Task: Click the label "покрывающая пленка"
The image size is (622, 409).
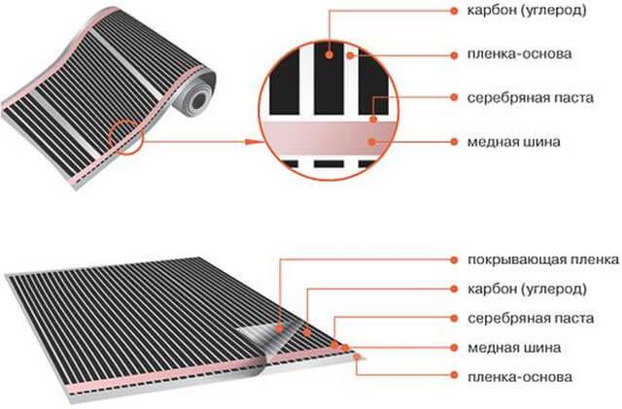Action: pyautogui.click(x=543, y=259)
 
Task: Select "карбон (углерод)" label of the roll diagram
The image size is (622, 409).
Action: pyautogui.click(x=527, y=11)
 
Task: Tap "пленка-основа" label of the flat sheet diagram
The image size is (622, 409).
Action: pyautogui.click(x=520, y=376)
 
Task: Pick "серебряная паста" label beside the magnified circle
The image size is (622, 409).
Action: pyautogui.click(x=531, y=97)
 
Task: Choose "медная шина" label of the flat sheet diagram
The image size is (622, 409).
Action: pyautogui.click(x=514, y=348)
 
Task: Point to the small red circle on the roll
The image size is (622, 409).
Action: pyautogui.click(x=125, y=137)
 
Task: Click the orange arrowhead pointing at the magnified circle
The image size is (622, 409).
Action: pyautogui.click(x=252, y=142)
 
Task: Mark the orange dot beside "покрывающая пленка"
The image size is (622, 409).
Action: pyautogui.click(x=455, y=259)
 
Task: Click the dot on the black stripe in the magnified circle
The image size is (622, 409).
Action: pyautogui.click(x=329, y=54)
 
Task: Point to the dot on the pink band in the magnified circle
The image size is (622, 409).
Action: pyautogui.click(x=371, y=141)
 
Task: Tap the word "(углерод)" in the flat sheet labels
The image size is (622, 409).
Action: pyautogui.click(x=554, y=289)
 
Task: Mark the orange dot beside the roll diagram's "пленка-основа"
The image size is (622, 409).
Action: pyautogui.click(x=455, y=55)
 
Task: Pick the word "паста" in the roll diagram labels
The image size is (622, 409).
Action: pyautogui.click(x=571, y=97)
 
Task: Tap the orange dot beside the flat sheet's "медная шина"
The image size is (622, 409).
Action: pyautogui.click(x=455, y=348)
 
